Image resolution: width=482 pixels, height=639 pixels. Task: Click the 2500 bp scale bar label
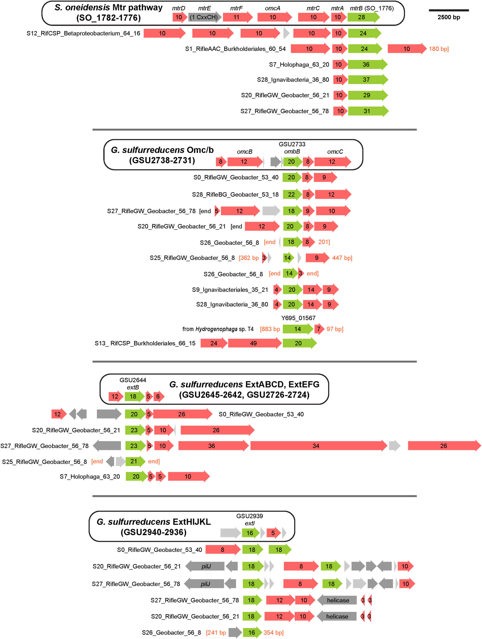point(449,17)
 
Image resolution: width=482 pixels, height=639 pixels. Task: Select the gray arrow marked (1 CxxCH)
point(204,17)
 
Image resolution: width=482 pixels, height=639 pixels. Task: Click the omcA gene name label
point(273,8)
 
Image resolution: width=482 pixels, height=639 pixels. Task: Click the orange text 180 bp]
point(439,49)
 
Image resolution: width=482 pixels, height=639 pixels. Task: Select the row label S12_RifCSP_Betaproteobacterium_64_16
point(83,33)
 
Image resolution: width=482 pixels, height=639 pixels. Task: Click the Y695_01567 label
point(298,318)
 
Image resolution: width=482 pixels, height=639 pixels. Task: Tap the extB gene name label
point(133,387)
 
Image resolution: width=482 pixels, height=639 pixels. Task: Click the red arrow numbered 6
point(158,396)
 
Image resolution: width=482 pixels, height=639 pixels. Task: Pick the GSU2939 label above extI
point(249,516)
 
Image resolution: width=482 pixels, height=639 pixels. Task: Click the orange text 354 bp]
point(273,633)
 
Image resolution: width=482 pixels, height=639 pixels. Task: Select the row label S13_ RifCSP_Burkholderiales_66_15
point(145,343)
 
